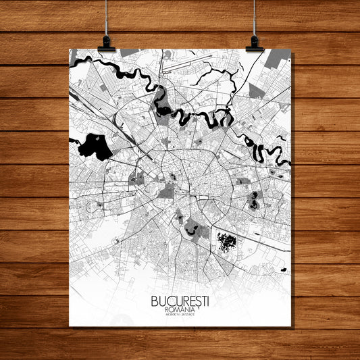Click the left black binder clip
[x=106, y=45]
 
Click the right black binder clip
[x=255, y=45]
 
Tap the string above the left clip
[x=107, y=17]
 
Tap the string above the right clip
[x=255, y=17]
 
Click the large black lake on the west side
[x=94, y=146]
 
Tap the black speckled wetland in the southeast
[x=228, y=240]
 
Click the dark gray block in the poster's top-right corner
[x=278, y=58]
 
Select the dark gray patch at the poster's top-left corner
[x=72, y=56]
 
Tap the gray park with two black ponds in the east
[x=254, y=199]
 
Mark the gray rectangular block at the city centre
[x=166, y=191]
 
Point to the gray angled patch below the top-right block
[x=255, y=91]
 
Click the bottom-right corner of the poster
[x=290, y=326]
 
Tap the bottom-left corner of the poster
[x=70, y=326]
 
